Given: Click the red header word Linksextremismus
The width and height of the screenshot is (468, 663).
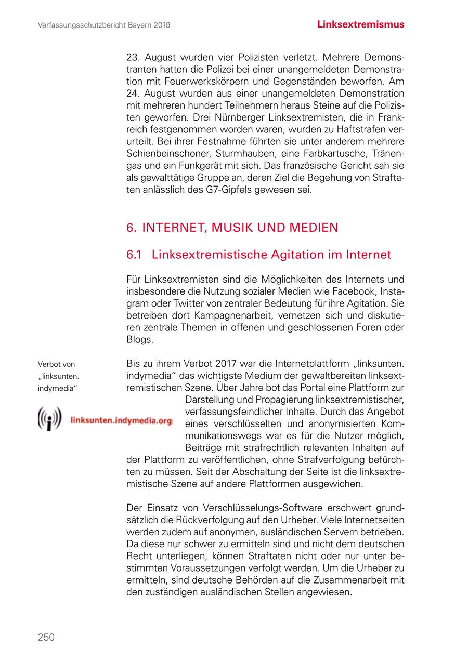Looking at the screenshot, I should (x=361, y=24).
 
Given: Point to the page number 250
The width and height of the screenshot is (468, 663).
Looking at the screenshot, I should (x=46, y=637).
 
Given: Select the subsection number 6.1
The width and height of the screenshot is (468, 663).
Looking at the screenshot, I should (x=134, y=255).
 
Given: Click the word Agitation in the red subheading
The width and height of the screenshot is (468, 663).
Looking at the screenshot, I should (x=308, y=255).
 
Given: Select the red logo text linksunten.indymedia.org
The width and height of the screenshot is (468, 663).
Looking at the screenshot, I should (x=121, y=421).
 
